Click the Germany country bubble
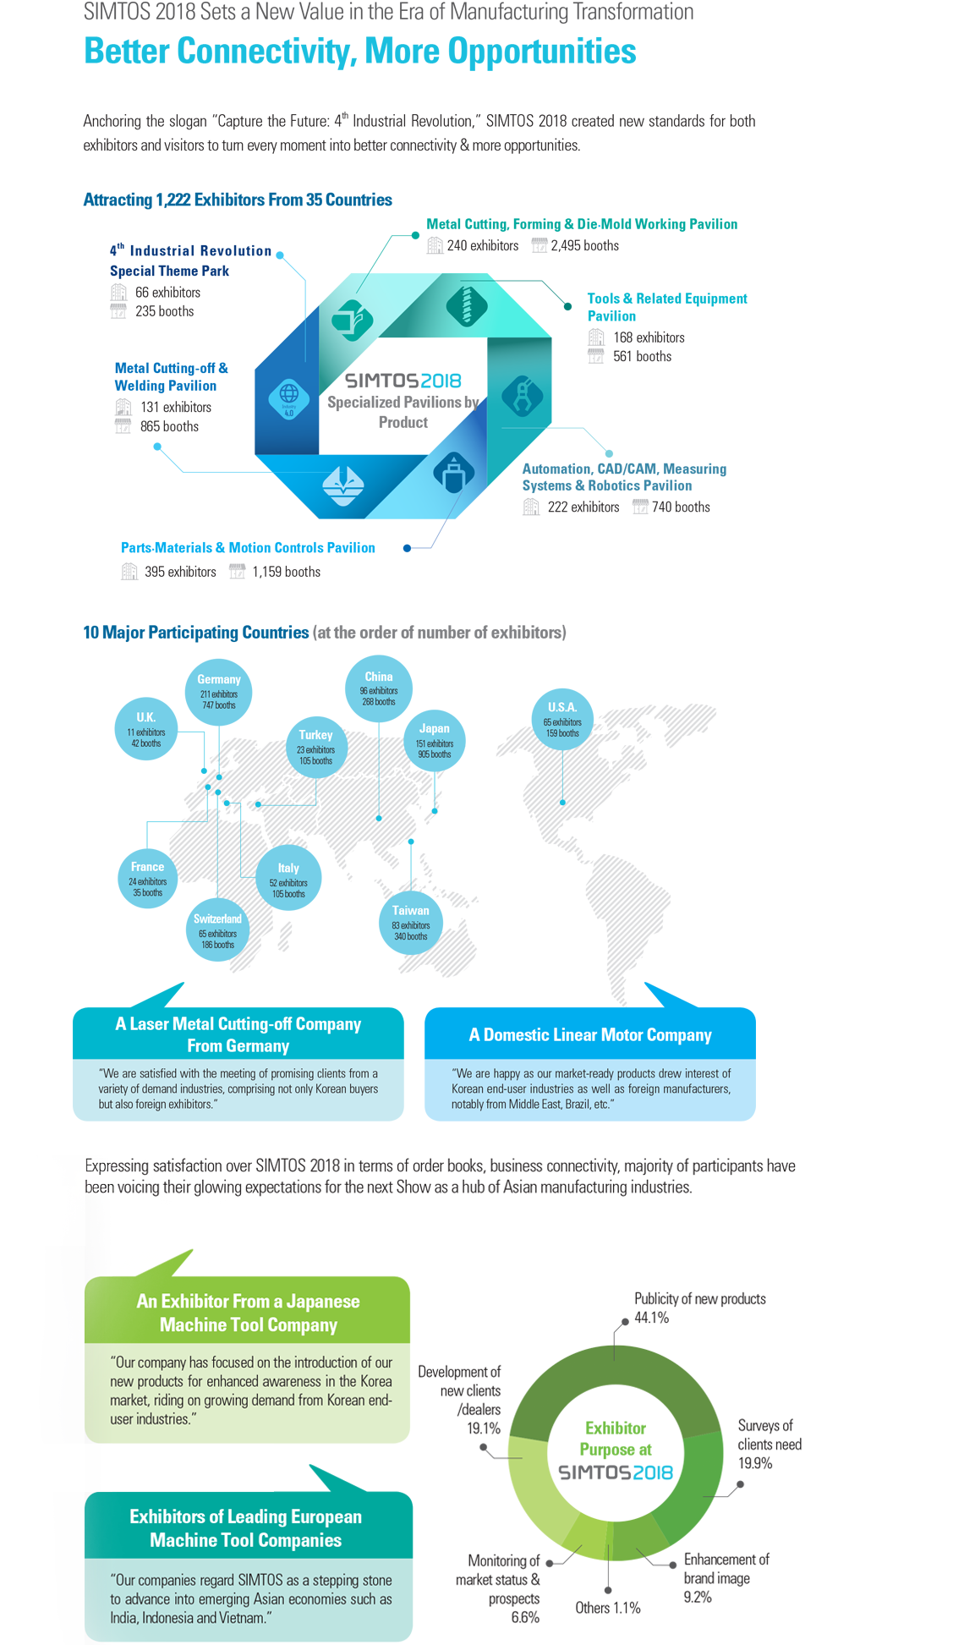pyautogui.click(x=219, y=692)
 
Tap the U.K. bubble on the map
pyautogui.click(x=146, y=729)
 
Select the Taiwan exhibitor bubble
pyautogui.click(x=410, y=923)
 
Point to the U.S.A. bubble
pyautogui.click(x=562, y=720)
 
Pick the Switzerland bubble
pyautogui.click(x=218, y=931)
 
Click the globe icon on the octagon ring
pyautogui.click(x=289, y=397)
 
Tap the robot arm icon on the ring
pyautogui.click(x=523, y=395)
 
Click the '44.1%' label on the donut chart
pyautogui.click(x=651, y=1318)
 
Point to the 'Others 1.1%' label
pyautogui.click(x=607, y=1608)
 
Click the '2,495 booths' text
pyautogui.click(x=584, y=246)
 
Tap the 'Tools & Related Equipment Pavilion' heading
pyautogui.click(x=666, y=307)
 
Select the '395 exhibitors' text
pyautogui.click(x=180, y=573)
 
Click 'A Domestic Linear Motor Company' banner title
pyautogui.click(x=590, y=1035)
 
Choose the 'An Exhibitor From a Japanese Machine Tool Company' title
pyautogui.click(x=248, y=1313)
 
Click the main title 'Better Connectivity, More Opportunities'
pyautogui.click(x=360, y=52)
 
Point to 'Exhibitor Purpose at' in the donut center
pyautogui.click(x=616, y=1439)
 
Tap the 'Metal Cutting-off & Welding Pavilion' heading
pyautogui.click(x=171, y=377)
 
